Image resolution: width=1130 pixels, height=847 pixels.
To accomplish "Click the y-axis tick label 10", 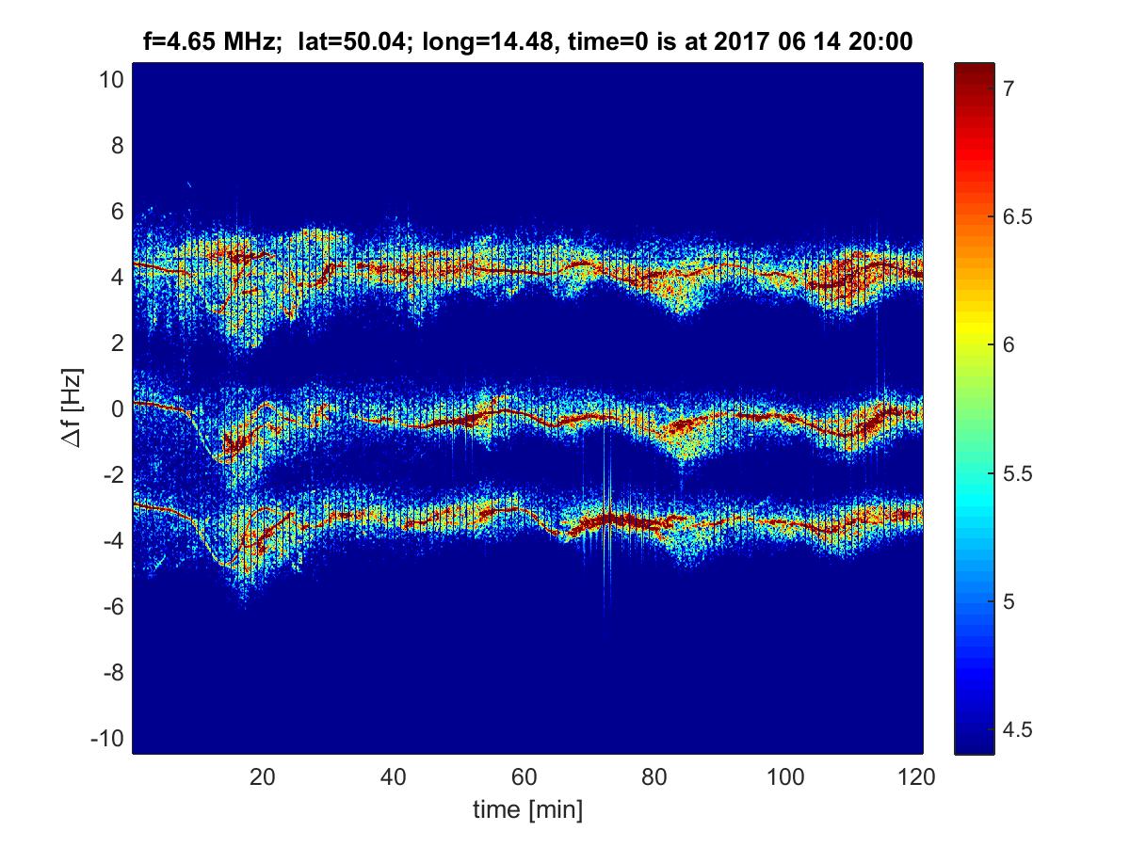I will point(111,80).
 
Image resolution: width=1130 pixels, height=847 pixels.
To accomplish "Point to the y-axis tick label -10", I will point(107,739).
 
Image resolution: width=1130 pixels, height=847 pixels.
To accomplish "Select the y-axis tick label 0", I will point(117,409).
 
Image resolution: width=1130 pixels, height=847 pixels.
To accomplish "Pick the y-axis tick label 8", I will point(117,146).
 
